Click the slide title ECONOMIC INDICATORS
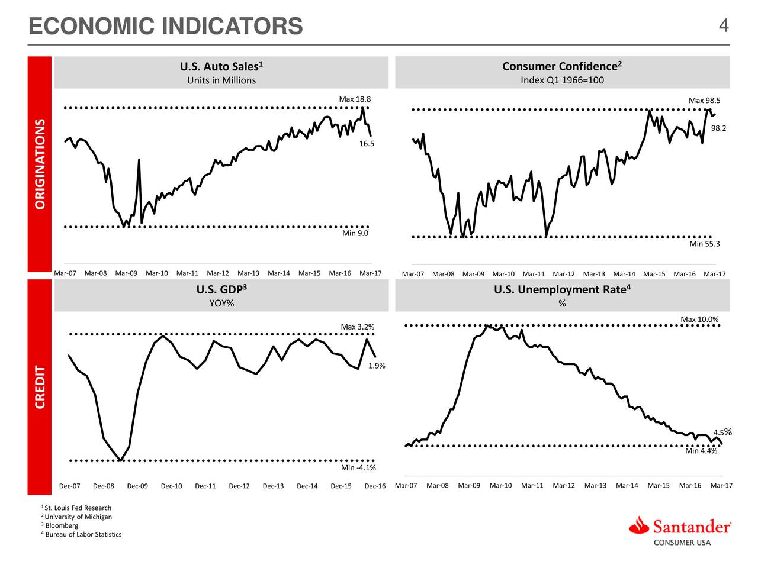coord(165,27)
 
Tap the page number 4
coord(723,25)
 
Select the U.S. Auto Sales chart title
coord(221,66)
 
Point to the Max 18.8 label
coord(355,99)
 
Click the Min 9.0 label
coord(355,233)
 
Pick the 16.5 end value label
coord(367,144)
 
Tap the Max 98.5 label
coord(704,101)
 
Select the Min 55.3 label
coord(705,244)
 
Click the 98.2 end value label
coord(718,128)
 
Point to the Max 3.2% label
coord(357,327)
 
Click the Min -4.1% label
coord(358,468)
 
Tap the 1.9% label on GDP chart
coord(377,366)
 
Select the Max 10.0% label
coord(699,320)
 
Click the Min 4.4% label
coord(701,451)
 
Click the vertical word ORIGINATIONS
coord(40,164)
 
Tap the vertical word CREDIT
coord(40,387)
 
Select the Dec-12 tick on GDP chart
coord(239,486)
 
